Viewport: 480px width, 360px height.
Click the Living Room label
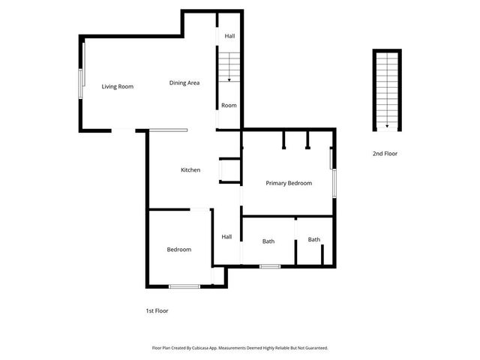pyautogui.click(x=118, y=86)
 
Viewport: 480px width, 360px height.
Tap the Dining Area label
pyautogui.click(x=184, y=82)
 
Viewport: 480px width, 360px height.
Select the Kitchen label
pyautogui.click(x=190, y=170)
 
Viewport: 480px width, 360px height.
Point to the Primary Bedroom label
pyautogui.click(x=289, y=183)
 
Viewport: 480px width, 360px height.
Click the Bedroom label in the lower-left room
pyautogui.click(x=178, y=250)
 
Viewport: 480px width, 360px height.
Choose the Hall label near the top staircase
pyautogui.click(x=229, y=36)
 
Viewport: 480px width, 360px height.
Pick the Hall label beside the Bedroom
pyautogui.click(x=226, y=237)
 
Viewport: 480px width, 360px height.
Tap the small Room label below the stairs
pyautogui.click(x=229, y=105)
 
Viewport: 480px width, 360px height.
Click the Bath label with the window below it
pyautogui.click(x=268, y=241)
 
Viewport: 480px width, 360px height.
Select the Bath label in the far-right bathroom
pyautogui.click(x=313, y=240)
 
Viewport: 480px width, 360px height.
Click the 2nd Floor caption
pyautogui.click(x=385, y=154)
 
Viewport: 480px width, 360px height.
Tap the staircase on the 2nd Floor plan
pyautogui.click(x=386, y=88)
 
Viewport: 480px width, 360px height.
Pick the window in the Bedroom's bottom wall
pyautogui.click(x=184, y=286)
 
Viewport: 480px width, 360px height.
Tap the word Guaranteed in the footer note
pyautogui.click(x=312, y=348)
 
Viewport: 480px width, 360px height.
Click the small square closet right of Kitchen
pyautogui.click(x=229, y=172)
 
